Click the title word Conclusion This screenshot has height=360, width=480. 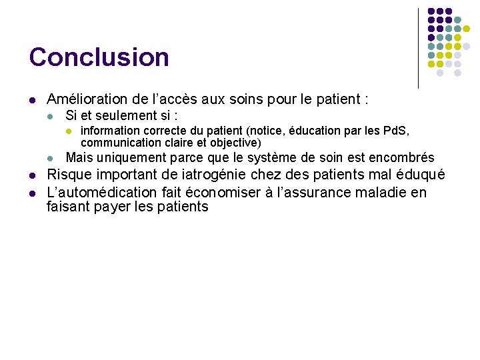pos(99,57)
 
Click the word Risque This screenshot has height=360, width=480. pos(69,175)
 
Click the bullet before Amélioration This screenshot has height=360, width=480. pos(32,101)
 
